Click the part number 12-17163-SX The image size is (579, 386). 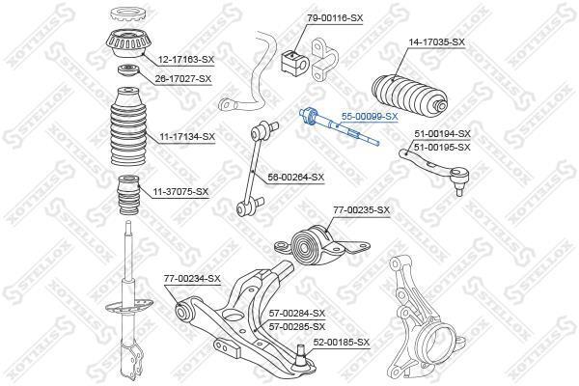point(186,59)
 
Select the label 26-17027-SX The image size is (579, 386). point(183,79)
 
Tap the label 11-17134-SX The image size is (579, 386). point(187,137)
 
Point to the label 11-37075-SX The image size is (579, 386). point(181,192)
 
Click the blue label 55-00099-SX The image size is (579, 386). point(370,117)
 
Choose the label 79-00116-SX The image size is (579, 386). point(335,17)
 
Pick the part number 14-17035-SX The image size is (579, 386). point(436,42)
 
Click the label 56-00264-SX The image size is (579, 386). point(296,178)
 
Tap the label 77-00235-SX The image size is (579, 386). point(362,210)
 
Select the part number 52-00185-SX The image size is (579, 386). point(342,343)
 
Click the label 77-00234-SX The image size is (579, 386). point(192,278)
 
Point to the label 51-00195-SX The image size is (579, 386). point(442,148)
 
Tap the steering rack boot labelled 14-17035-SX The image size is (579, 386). point(409,94)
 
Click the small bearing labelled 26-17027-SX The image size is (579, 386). point(127,70)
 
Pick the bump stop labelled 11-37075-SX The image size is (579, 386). point(128,195)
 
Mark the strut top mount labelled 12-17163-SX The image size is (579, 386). point(128,43)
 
